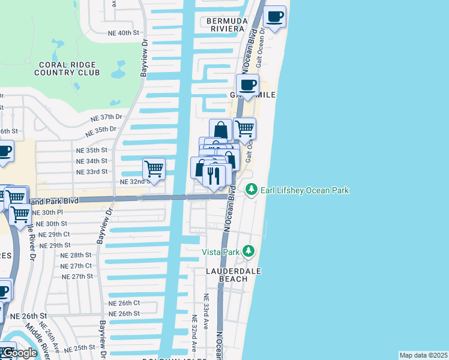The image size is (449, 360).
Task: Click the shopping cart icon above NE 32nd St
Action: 154,169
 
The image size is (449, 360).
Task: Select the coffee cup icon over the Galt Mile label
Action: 247,85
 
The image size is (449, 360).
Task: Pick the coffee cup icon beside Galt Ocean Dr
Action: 275,17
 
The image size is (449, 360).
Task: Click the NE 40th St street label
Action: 123,33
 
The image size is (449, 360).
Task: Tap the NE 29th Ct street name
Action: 55,234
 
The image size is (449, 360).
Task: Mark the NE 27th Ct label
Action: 76,265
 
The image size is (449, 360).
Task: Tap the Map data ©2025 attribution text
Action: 423,355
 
